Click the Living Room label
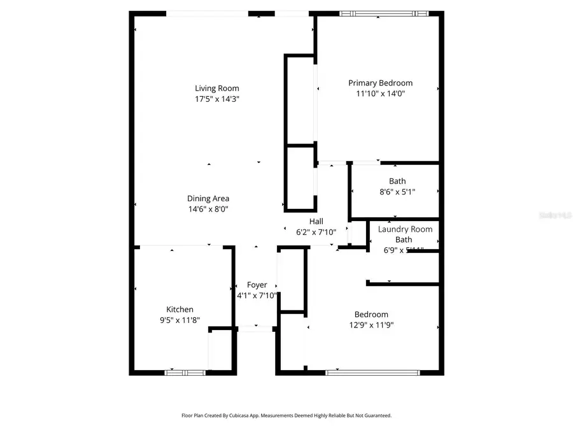[217, 88]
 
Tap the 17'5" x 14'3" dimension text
[217, 99]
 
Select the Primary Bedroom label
[380, 83]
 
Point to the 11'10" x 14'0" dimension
[381, 93]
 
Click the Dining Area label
[208, 198]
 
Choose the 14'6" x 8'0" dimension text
[208, 209]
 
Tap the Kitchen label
[180, 310]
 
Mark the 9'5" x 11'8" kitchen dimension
[180, 320]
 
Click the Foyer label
[257, 285]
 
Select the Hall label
[316, 221]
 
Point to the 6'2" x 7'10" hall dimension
[316, 232]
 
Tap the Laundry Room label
[405, 229]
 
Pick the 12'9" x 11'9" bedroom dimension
[371, 325]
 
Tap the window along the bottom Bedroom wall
[372, 371]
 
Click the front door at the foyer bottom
[256, 329]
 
